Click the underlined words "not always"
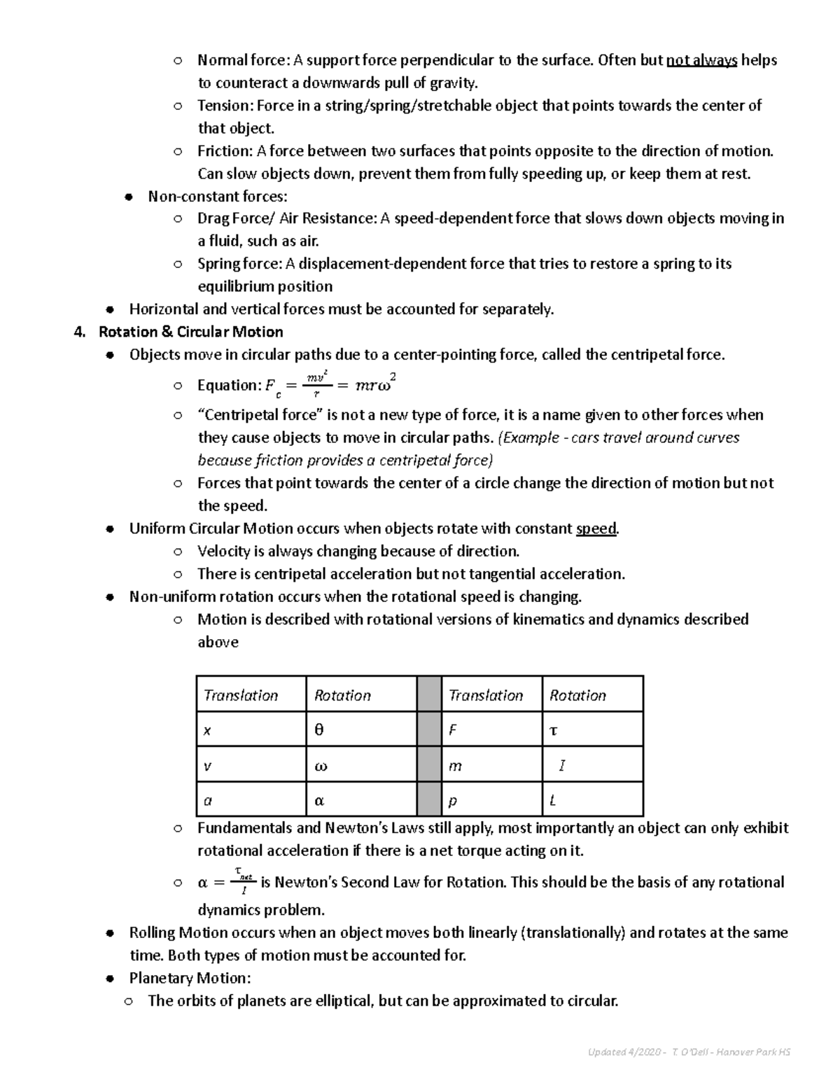(x=701, y=60)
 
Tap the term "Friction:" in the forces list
(x=225, y=151)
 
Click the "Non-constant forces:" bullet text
(x=218, y=197)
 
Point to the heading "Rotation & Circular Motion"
(x=191, y=332)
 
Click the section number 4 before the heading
(x=78, y=332)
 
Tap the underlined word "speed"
(x=596, y=528)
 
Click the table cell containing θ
(x=361, y=729)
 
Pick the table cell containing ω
(x=361, y=765)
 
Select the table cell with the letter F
(x=491, y=729)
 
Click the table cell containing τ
(x=592, y=729)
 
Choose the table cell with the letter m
(x=491, y=765)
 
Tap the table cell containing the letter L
(x=592, y=800)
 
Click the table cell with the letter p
(x=491, y=800)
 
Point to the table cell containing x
(x=251, y=729)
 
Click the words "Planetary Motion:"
(x=190, y=978)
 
